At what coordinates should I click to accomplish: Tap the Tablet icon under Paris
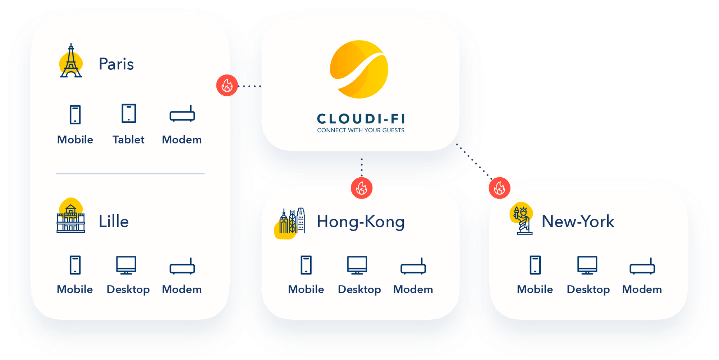[x=129, y=114]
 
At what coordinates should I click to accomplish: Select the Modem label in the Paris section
[x=182, y=140]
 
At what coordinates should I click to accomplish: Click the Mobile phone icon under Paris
[x=75, y=115]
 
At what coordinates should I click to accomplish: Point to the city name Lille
[x=114, y=222]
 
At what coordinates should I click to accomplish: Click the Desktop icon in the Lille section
[x=126, y=265]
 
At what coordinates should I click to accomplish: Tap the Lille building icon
[x=71, y=218]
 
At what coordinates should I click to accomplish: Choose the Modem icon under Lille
[x=182, y=267]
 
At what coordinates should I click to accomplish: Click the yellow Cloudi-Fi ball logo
[x=359, y=69]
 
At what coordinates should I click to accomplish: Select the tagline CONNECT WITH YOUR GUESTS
[x=361, y=130]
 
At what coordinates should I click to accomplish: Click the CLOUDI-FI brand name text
[x=361, y=118]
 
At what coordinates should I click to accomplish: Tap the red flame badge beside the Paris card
[x=227, y=86]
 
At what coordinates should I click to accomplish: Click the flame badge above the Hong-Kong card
[x=362, y=188]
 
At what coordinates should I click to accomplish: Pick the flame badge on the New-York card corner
[x=499, y=188]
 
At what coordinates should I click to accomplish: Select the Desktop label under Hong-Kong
[x=359, y=290]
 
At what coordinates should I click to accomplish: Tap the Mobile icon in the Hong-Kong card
[x=306, y=265]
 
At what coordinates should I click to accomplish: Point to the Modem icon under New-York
[x=642, y=267]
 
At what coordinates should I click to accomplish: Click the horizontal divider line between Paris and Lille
[x=130, y=174]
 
